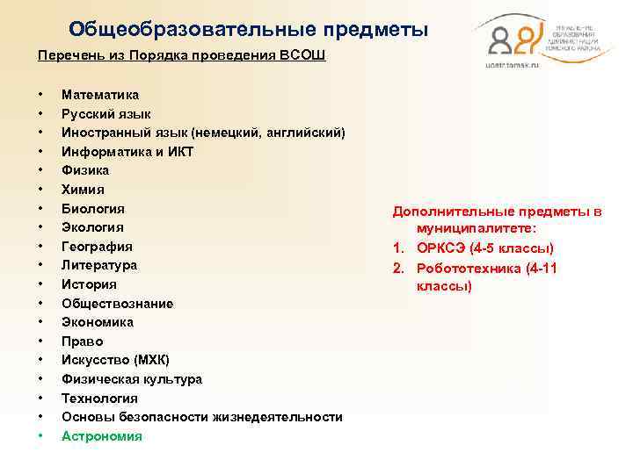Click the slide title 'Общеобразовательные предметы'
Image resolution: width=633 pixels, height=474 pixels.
click(249, 30)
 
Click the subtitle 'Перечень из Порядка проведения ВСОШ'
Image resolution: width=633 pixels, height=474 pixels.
click(181, 55)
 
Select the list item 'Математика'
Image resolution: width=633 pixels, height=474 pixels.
click(100, 95)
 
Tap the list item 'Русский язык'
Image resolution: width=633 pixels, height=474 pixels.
click(106, 114)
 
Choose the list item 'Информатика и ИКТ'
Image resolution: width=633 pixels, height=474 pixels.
click(127, 152)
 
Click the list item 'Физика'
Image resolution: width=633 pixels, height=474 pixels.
click(85, 170)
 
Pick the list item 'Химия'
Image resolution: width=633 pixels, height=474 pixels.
click(83, 190)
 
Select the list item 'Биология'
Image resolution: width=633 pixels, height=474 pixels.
click(93, 209)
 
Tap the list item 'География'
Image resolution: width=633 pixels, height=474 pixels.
click(98, 247)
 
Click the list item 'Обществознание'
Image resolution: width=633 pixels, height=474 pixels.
click(118, 304)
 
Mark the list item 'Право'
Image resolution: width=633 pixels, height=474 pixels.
click(83, 341)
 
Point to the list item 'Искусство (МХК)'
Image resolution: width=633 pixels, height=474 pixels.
click(116, 360)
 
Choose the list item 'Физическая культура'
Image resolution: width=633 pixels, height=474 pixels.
click(132, 379)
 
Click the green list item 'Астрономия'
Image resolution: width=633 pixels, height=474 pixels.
click(102, 436)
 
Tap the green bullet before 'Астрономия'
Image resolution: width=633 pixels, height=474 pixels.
click(40, 436)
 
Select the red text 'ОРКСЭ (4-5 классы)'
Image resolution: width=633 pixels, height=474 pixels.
click(485, 248)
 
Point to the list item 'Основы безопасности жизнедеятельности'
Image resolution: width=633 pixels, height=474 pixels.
click(202, 417)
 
